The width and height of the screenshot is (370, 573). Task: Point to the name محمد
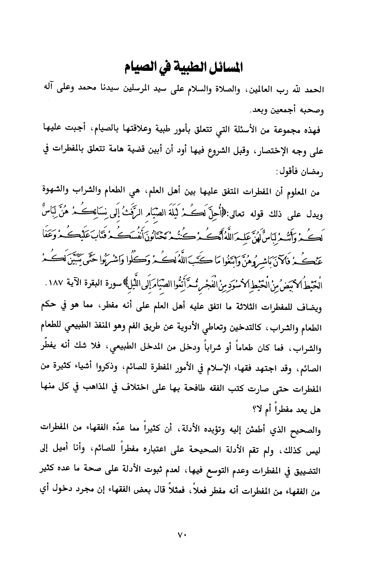pos(101,91)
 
